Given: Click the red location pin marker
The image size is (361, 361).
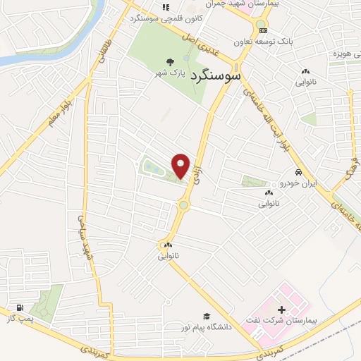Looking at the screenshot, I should pyautogui.click(x=181, y=166).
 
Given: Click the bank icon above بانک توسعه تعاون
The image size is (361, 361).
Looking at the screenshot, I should pyautogui.click(x=262, y=30).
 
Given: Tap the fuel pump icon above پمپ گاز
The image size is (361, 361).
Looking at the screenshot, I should pyautogui.click(x=19, y=309).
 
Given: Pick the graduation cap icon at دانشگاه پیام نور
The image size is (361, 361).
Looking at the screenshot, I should pyautogui.click(x=207, y=316).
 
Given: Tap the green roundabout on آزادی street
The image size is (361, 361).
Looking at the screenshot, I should pyautogui.click(x=184, y=205).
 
